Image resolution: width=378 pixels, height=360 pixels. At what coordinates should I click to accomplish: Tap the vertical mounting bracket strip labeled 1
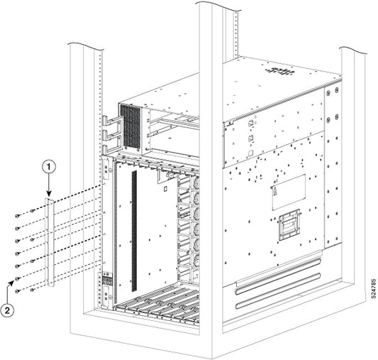pyautogui.click(x=49, y=241)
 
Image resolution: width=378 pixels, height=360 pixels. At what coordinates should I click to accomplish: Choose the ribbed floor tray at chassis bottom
pyautogui.click(x=152, y=304)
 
